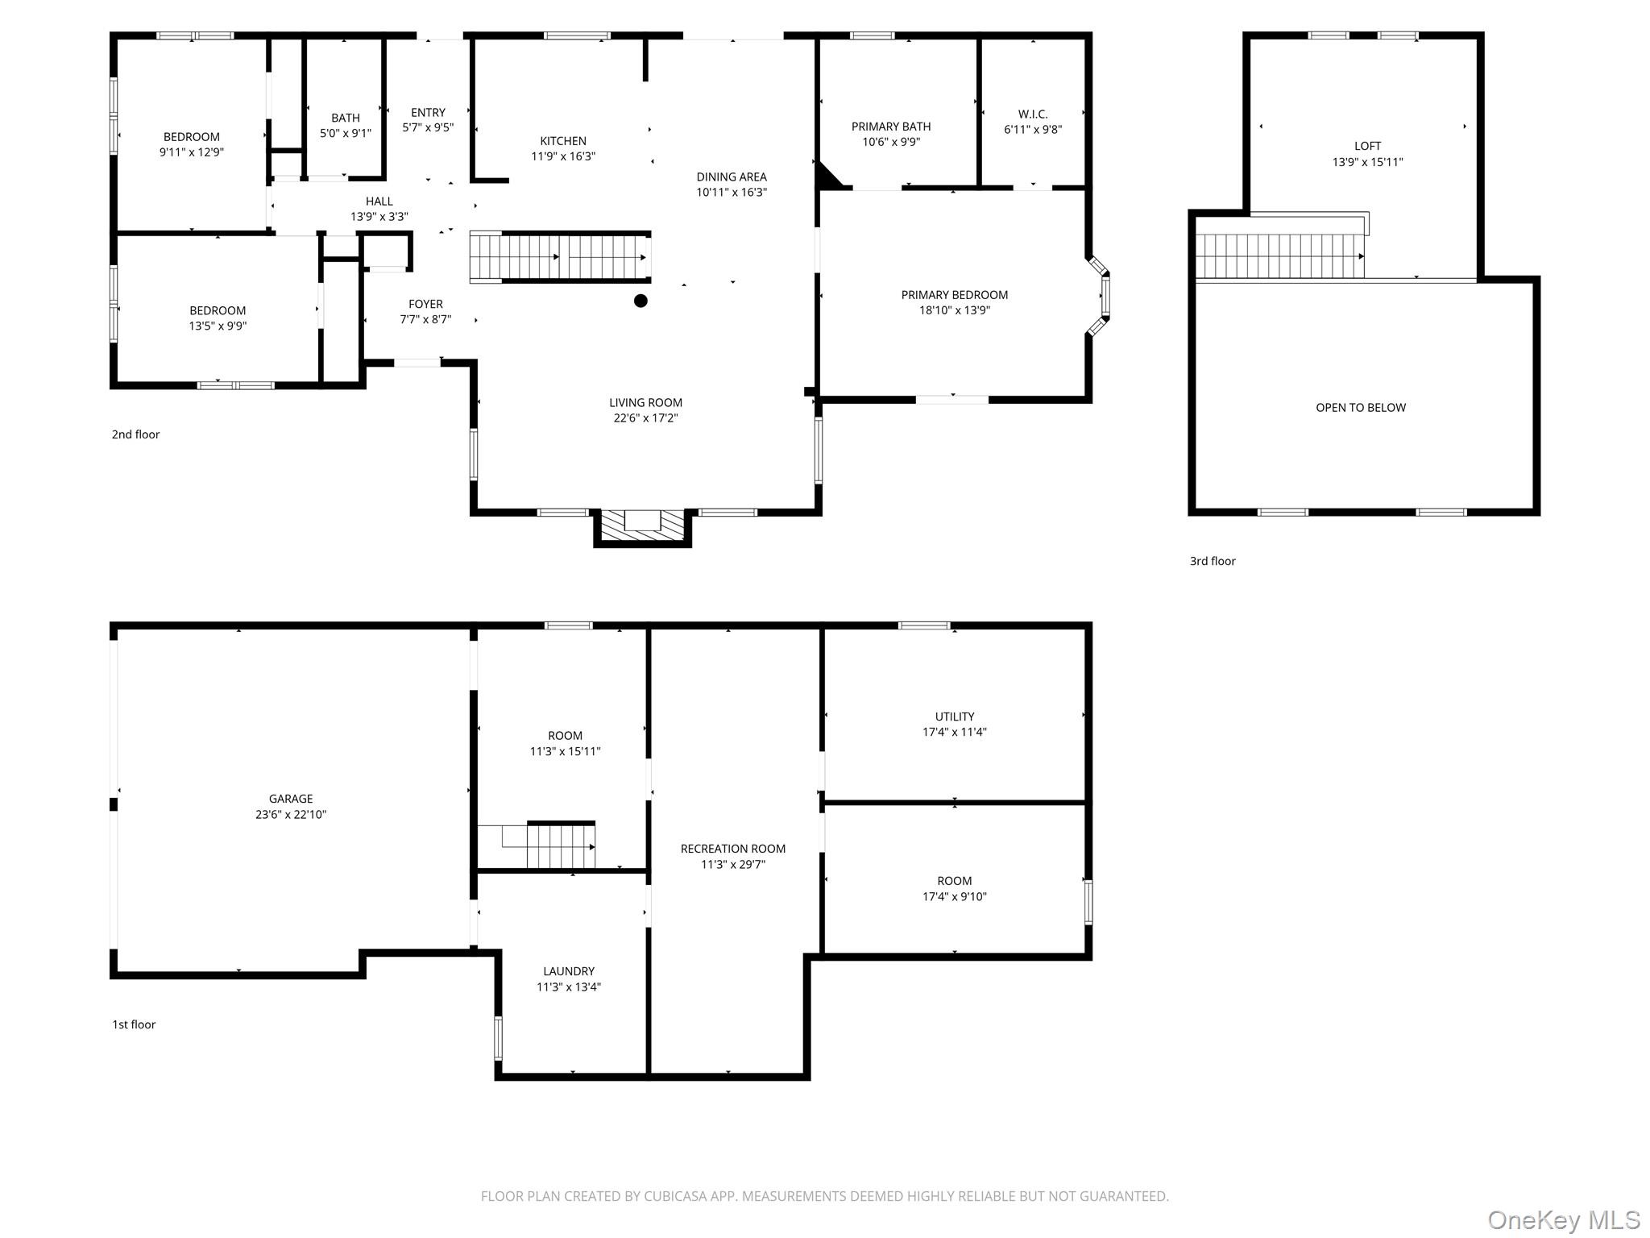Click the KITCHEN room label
click(563, 141)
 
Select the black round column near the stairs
click(641, 301)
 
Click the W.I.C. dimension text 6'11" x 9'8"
click(1033, 130)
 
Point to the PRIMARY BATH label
click(891, 127)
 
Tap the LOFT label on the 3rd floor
click(1367, 146)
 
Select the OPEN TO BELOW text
click(1361, 408)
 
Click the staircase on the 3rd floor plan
click(1279, 255)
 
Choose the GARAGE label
click(291, 799)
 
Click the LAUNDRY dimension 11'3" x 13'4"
click(569, 987)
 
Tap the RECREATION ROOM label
click(732, 849)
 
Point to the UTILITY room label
click(955, 717)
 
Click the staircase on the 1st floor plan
click(560, 846)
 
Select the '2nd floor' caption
click(135, 434)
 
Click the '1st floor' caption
click(134, 1024)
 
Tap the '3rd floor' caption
click(1213, 561)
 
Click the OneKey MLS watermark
click(1563, 1220)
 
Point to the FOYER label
click(425, 304)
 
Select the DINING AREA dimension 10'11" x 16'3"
click(732, 193)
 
